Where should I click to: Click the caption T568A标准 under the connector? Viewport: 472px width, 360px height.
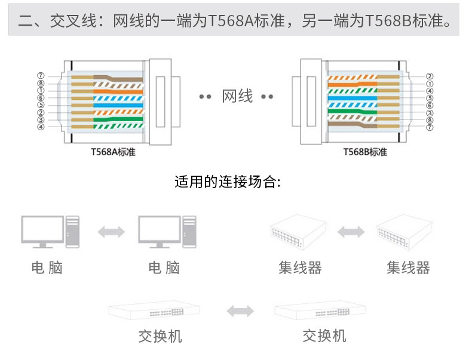tap(113, 152)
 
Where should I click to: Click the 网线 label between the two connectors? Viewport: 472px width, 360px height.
tap(237, 96)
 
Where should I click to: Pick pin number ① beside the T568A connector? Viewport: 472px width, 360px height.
tap(41, 91)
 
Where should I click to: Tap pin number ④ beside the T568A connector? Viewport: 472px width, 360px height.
tap(41, 127)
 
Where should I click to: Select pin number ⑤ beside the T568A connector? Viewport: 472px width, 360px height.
tap(41, 105)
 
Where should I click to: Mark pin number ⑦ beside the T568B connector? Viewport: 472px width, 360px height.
tap(430, 127)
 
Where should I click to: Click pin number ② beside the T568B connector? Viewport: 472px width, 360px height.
tap(430, 76)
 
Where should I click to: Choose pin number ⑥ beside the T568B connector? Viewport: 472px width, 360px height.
tap(430, 105)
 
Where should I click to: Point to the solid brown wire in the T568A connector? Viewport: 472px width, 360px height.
tap(119, 77)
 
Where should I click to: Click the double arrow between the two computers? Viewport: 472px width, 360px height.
tap(111, 232)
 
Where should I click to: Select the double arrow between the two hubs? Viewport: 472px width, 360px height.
tap(351, 232)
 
